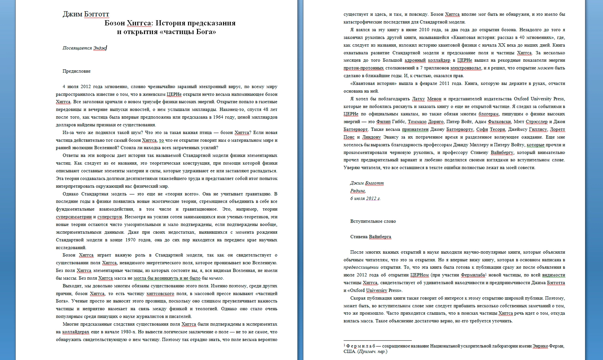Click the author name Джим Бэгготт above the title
(86, 14)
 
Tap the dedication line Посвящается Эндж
(84, 48)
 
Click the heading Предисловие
(76, 71)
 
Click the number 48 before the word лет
(266, 109)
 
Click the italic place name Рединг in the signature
(358, 191)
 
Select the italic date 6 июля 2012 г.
(365, 199)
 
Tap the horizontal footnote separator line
(377, 340)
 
